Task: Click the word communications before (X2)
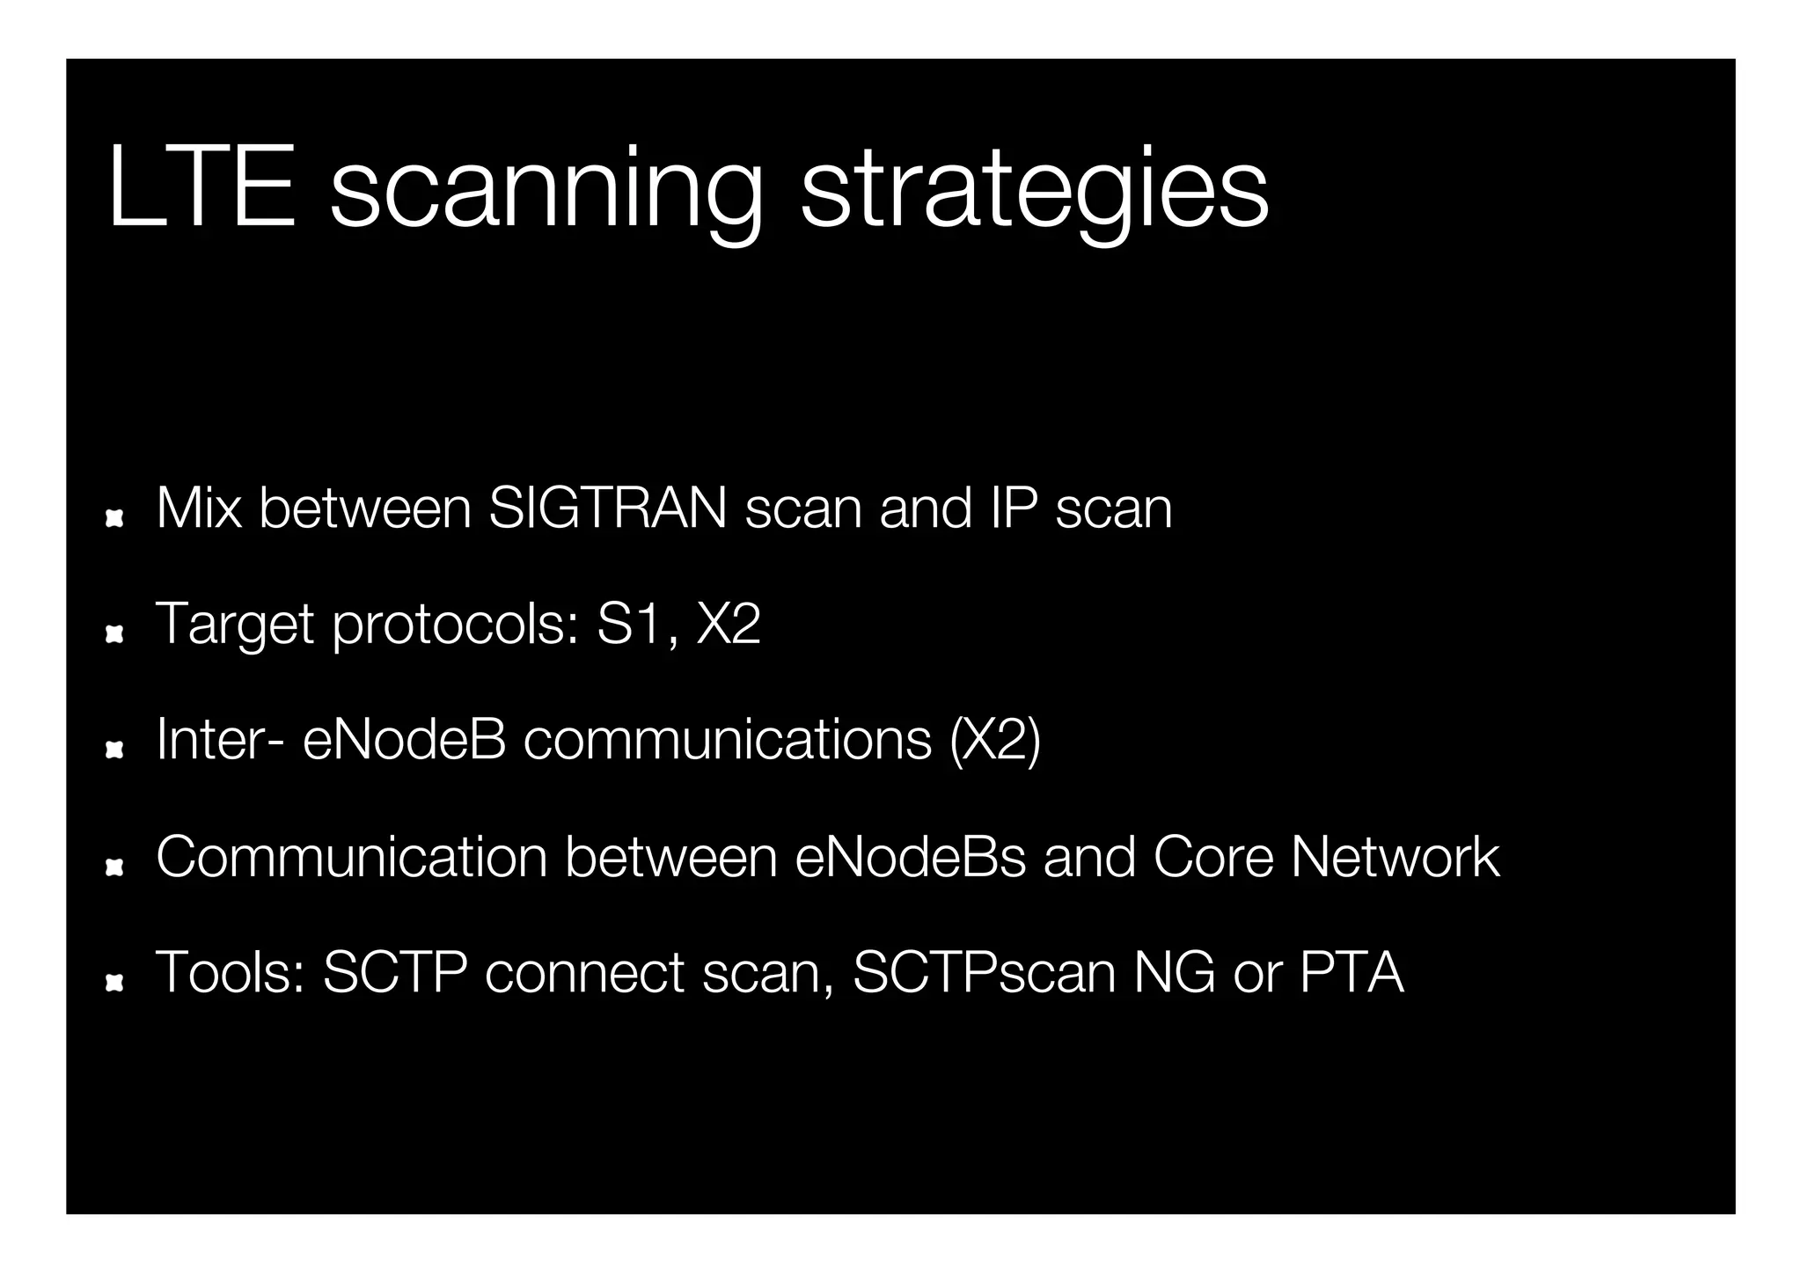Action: coord(727,740)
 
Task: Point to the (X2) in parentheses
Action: coord(995,742)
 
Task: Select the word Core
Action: coord(1212,857)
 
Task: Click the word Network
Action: coord(1395,857)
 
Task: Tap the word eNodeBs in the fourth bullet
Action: coord(910,857)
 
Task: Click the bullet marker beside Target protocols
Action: coord(114,634)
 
